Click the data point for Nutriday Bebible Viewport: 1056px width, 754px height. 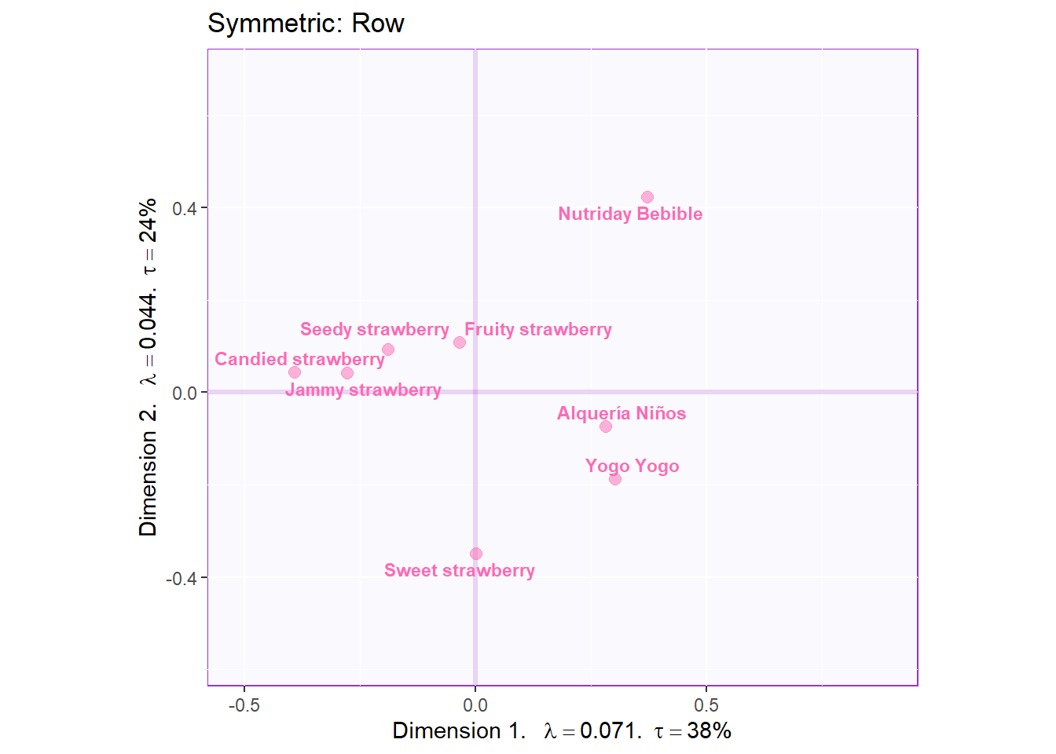647,197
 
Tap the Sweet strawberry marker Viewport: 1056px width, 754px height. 476,554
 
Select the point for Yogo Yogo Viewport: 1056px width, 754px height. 615,479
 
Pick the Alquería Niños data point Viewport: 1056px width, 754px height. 606,426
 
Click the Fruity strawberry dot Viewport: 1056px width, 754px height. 460,342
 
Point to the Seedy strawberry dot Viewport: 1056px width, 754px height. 388,350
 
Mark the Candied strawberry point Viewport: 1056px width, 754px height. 295,372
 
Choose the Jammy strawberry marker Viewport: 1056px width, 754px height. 347,373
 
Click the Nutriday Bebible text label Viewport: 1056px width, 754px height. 630,214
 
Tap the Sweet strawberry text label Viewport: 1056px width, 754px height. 460,571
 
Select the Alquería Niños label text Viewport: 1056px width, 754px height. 621,413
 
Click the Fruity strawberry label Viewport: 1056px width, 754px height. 538,330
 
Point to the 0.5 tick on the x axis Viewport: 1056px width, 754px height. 706,705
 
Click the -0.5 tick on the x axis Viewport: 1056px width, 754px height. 244,705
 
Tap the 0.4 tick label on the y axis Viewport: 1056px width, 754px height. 185,208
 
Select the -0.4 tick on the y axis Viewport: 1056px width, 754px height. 181,578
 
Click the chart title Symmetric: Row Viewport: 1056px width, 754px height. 306,24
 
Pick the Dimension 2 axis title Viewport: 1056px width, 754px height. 148,368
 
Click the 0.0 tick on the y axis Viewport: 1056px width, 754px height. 185,393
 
